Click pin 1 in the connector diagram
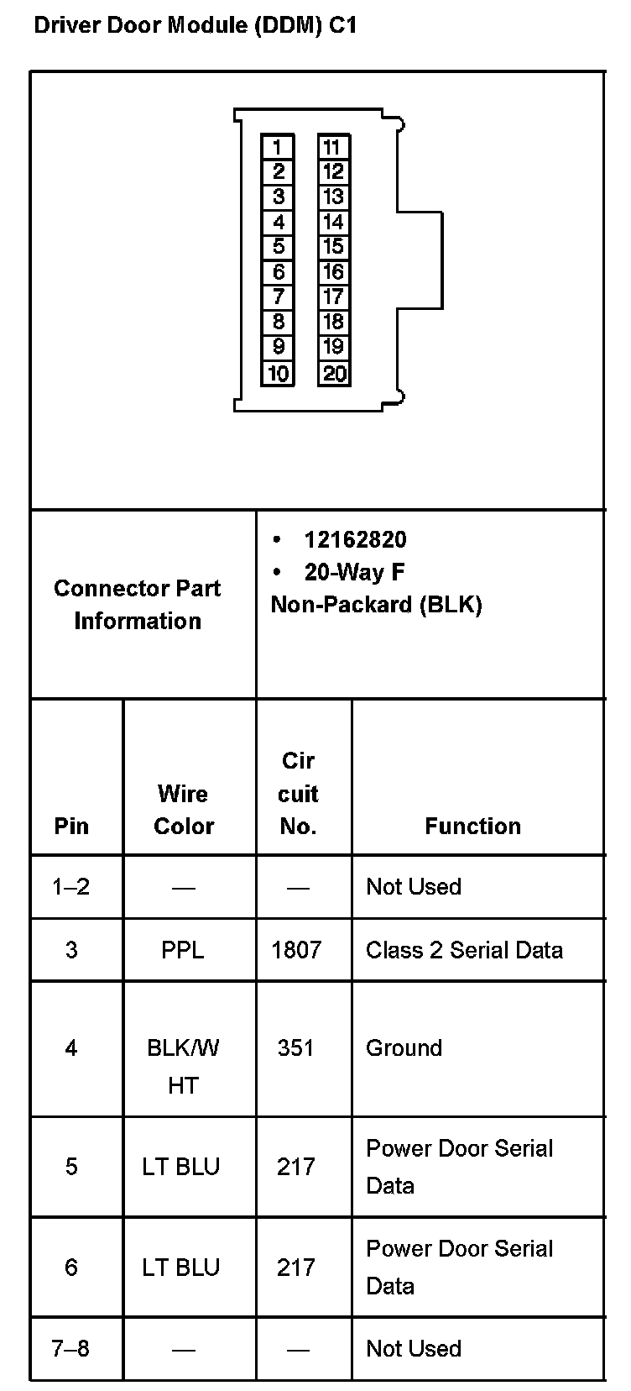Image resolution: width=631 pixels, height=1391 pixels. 278,147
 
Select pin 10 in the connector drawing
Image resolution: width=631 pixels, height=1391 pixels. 278,373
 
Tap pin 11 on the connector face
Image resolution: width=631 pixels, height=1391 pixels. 333,147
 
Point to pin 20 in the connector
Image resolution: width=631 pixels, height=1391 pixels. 334,373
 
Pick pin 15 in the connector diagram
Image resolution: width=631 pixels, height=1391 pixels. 333,247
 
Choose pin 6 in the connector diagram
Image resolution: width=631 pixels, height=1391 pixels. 278,272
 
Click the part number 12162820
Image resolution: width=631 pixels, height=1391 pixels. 355,539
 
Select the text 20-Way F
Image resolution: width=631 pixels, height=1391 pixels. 354,572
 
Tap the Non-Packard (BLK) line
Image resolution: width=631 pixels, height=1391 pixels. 376,605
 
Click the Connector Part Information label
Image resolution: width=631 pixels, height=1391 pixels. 138,604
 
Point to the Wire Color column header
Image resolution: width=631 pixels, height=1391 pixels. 184,810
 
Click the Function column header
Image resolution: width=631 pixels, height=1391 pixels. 472,827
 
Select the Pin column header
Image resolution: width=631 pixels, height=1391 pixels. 71,827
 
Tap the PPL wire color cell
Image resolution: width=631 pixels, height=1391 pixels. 182,950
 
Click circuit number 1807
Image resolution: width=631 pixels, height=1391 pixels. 296,950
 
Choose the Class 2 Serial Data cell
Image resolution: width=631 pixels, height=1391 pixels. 464,950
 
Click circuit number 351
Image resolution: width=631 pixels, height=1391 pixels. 295,1047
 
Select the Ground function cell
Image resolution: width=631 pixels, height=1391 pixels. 404,1047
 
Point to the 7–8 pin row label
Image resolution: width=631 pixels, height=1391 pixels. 70,1348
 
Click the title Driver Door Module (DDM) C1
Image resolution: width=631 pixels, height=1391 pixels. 196,25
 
